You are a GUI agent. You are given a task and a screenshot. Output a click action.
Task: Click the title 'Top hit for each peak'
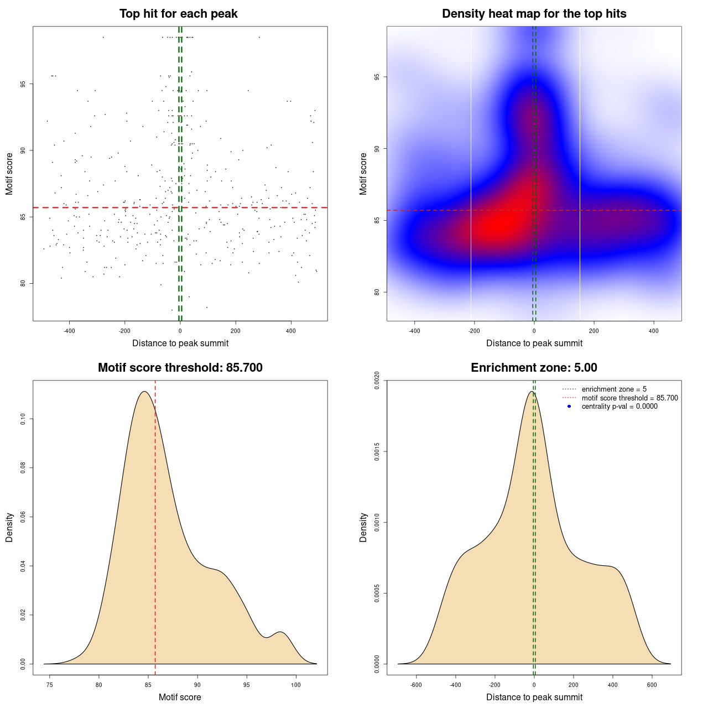(x=178, y=14)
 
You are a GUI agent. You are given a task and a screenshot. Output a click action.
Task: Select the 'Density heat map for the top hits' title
(x=534, y=14)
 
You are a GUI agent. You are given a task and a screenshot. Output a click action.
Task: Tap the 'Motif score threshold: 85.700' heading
(x=180, y=368)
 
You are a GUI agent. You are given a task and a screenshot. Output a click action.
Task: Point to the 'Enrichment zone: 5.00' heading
(x=534, y=368)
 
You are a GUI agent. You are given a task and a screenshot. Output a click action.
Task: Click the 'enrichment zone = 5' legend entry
(x=614, y=389)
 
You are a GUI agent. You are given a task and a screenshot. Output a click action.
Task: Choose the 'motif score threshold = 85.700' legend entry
(x=629, y=398)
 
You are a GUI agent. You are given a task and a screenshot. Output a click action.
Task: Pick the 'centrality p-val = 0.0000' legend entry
(x=619, y=406)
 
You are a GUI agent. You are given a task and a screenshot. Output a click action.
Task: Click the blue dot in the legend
(x=569, y=406)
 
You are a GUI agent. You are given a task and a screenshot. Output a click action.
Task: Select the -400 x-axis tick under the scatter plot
(x=69, y=331)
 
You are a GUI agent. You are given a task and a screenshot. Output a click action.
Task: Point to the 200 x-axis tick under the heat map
(x=594, y=331)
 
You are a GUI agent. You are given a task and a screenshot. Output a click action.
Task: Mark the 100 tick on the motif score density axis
(x=296, y=685)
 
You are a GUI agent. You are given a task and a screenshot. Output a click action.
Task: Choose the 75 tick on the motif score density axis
(x=50, y=685)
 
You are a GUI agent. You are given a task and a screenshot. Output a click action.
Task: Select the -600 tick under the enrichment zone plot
(x=416, y=685)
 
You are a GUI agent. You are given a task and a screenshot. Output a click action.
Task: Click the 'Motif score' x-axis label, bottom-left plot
(x=180, y=697)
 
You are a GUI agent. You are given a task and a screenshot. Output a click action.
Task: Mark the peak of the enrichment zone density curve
(x=532, y=392)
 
